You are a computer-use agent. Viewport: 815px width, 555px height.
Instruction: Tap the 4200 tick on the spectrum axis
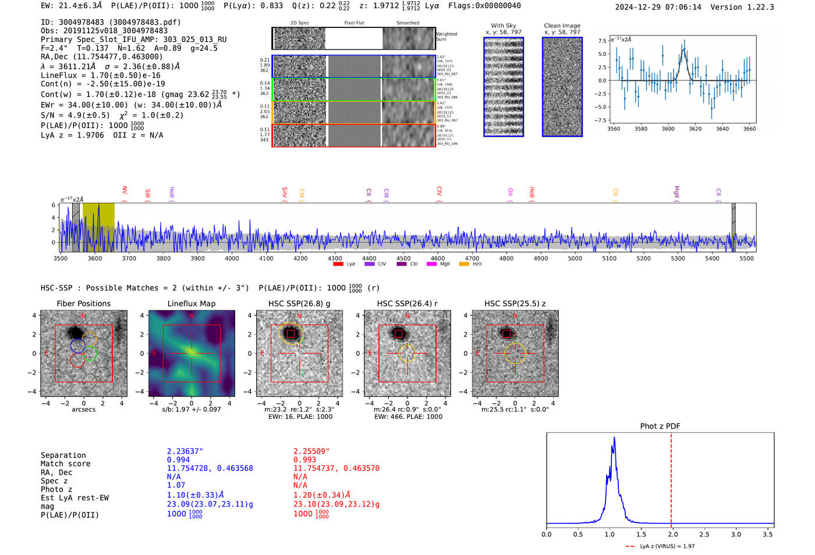[300, 258]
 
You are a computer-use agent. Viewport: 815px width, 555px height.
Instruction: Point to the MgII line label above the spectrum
[676, 192]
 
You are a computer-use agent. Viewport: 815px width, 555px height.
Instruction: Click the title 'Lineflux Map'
[192, 303]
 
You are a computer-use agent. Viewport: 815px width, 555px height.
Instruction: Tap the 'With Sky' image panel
[504, 87]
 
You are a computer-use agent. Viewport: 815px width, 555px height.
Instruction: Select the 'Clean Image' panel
[562, 87]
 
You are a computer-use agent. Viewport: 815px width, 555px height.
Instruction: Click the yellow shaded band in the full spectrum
[98, 227]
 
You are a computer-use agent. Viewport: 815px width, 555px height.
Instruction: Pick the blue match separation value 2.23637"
[185, 451]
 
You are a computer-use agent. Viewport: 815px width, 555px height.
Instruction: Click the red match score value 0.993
[305, 460]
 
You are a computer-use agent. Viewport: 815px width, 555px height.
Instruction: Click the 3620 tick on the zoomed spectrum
[695, 129]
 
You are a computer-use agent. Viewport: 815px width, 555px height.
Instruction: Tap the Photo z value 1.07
[176, 485]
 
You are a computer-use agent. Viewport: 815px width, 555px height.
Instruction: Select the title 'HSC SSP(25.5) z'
[515, 303]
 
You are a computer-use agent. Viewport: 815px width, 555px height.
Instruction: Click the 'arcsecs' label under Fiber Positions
[84, 409]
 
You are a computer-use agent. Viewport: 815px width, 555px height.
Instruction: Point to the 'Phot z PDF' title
[660, 426]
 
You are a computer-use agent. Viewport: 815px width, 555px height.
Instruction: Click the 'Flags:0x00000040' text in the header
[484, 6]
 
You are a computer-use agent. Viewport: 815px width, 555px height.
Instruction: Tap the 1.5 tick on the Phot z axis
[641, 534]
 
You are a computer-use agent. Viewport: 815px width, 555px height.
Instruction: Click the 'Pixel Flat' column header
[354, 23]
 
